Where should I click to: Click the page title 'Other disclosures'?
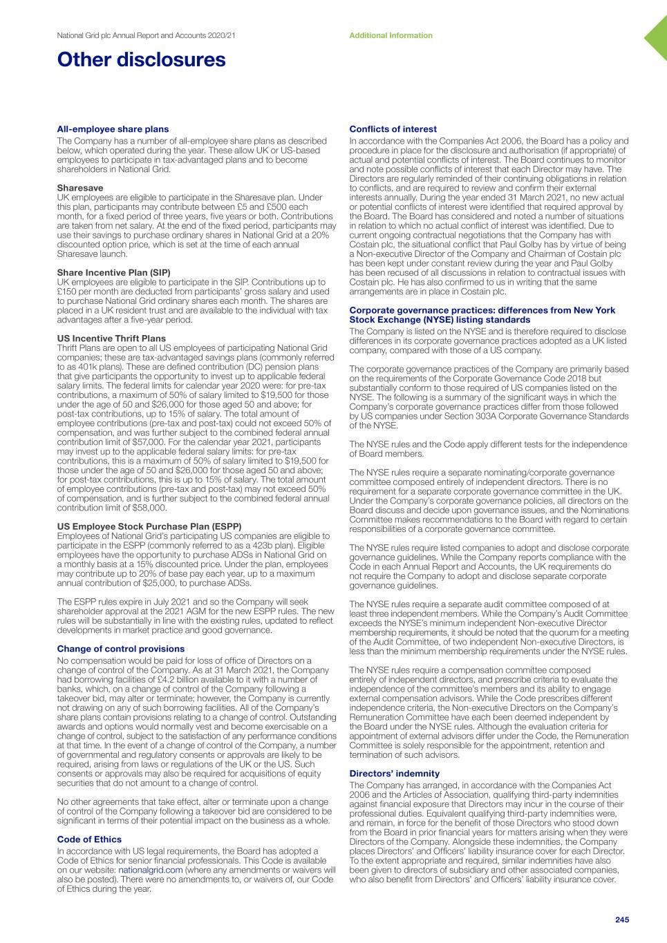coord(141,60)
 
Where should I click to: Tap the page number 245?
coord(622,920)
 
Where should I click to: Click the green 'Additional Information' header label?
coord(391,35)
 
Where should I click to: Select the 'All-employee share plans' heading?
coord(113,129)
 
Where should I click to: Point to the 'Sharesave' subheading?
coord(80,187)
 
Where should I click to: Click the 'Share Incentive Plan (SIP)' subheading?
coord(113,272)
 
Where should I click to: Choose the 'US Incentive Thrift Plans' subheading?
coord(111,338)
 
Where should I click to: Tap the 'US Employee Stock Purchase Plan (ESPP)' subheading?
coord(149,526)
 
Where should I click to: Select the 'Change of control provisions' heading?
coord(121,649)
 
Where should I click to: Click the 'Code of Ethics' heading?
coord(89,839)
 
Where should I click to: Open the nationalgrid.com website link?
coord(150,870)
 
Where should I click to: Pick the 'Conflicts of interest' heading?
coord(393,129)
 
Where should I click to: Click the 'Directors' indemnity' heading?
coord(395,774)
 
